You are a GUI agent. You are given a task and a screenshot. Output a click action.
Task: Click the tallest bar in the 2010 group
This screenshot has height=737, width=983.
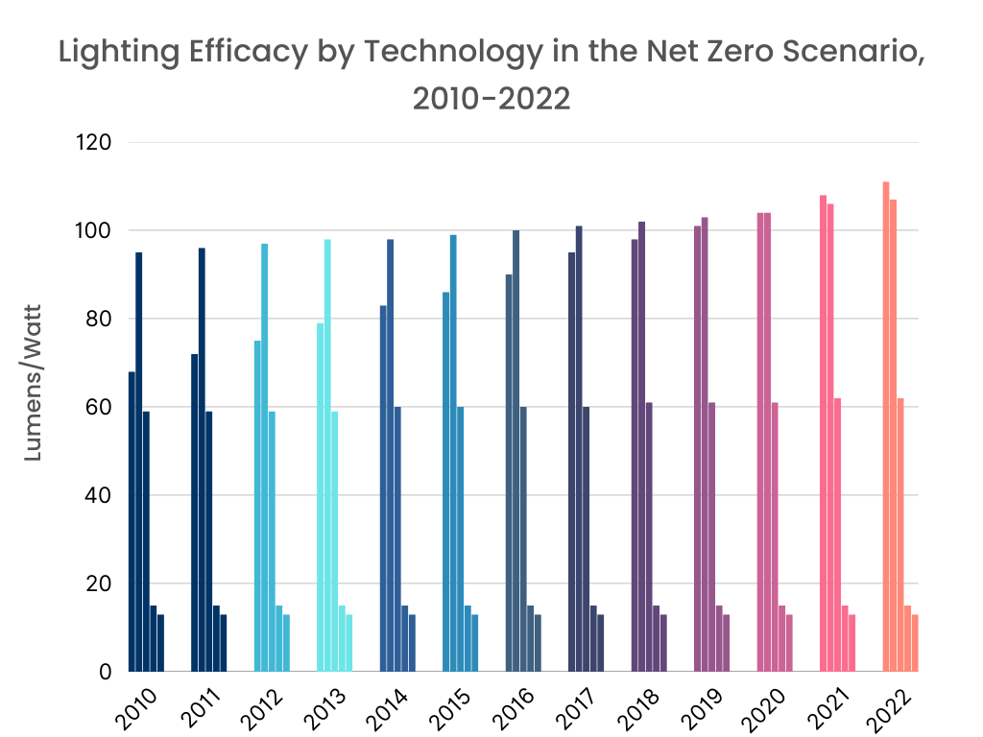tap(139, 462)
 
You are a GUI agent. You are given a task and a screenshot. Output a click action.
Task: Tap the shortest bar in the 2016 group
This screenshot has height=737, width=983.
tap(539, 643)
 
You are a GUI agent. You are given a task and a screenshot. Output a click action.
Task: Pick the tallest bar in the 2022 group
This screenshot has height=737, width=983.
tap(886, 426)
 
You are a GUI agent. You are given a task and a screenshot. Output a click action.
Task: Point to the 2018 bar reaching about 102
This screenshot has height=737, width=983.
tap(642, 446)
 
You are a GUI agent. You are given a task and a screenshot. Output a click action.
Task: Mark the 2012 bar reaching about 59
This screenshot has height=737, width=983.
tap(272, 541)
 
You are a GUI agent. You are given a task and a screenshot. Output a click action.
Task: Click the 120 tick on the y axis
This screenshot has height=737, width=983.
tap(93, 143)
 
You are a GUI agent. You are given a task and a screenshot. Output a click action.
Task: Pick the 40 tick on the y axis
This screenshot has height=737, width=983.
tap(100, 496)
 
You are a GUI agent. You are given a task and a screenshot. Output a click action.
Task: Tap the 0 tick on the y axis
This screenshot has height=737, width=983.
tap(106, 672)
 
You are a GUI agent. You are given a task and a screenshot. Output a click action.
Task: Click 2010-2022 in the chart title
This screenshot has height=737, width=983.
tap(491, 97)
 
